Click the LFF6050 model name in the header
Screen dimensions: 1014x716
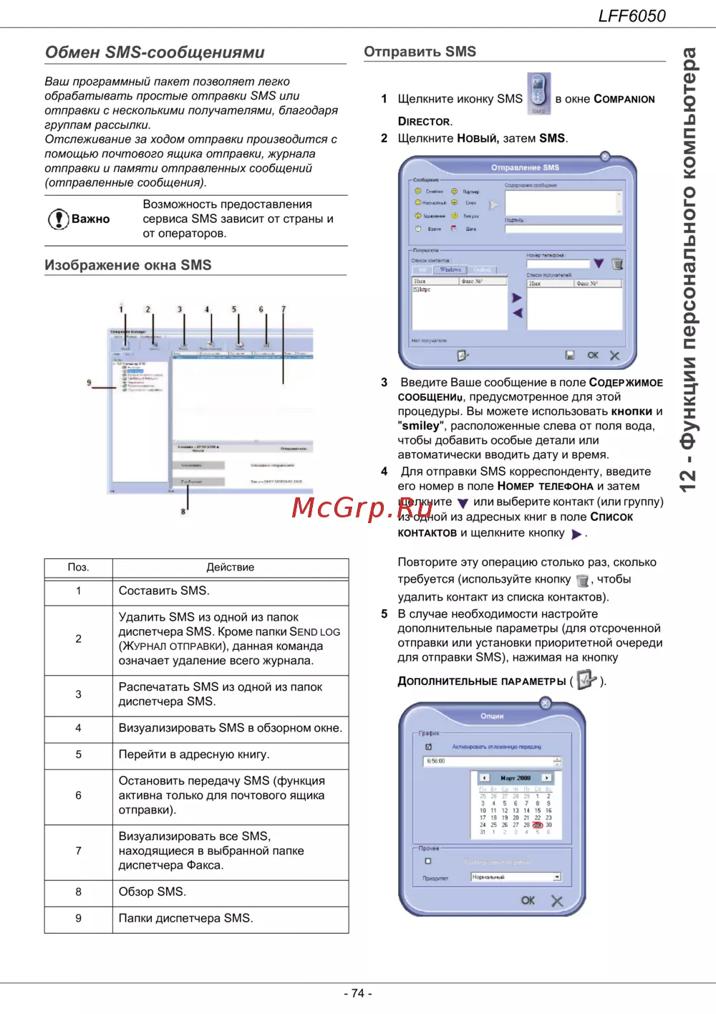(x=632, y=16)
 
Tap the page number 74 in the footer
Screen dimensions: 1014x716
(x=358, y=993)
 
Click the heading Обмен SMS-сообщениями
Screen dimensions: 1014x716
(x=155, y=52)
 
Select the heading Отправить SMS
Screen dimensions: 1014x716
(x=420, y=52)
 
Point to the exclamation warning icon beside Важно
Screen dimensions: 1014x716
(x=57, y=219)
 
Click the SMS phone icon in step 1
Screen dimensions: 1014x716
(x=538, y=93)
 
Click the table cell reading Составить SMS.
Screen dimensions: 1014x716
(x=164, y=591)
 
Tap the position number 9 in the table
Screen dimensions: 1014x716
(x=79, y=919)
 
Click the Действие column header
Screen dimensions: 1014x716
(x=230, y=568)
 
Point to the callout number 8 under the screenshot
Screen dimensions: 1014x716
(x=183, y=512)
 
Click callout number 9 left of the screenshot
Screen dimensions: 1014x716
(x=89, y=383)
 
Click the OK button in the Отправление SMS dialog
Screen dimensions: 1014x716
(x=593, y=355)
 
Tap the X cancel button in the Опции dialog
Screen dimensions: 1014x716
(x=557, y=901)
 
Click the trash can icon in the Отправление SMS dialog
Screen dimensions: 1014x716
(x=617, y=264)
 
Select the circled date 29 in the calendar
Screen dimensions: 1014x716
(x=537, y=825)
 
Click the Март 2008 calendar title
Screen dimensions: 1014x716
(x=516, y=778)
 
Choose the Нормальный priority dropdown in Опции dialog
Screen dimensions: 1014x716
(x=516, y=877)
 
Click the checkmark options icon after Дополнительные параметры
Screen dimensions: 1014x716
(x=586, y=679)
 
